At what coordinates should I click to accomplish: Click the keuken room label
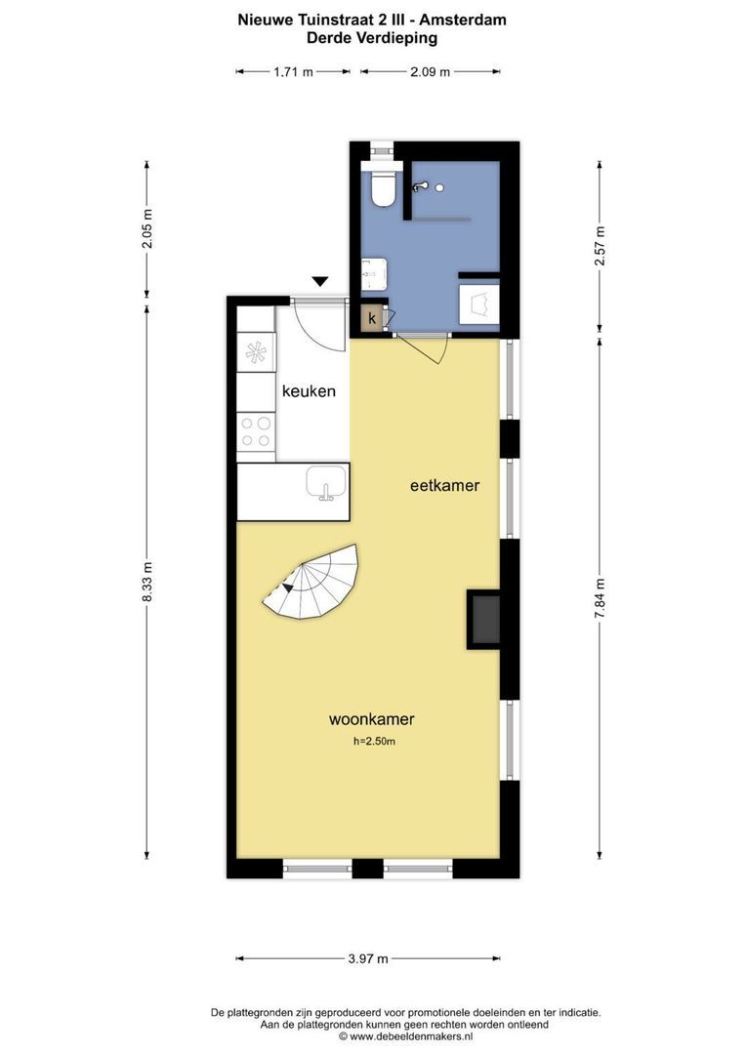pyautogui.click(x=309, y=391)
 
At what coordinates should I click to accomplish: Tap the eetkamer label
pyautogui.click(x=444, y=484)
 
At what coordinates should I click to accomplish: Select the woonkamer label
pyautogui.click(x=371, y=719)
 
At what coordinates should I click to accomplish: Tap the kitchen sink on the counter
pyautogui.click(x=324, y=482)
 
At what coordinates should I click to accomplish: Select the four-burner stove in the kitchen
pyautogui.click(x=256, y=430)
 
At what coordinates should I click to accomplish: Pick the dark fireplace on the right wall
pyautogui.click(x=484, y=619)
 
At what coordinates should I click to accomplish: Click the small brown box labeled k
pyautogui.click(x=372, y=318)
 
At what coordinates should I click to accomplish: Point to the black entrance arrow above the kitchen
pyautogui.click(x=319, y=282)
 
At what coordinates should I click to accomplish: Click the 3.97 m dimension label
pyautogui.click(x=368, y=958)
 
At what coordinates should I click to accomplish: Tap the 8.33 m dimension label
pyautogui.click(x=147, y=582)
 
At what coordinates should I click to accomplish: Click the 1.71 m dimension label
pyautogui.click(x=293, y=71)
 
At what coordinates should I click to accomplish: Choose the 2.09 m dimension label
pyautogui.click(x=431, y=71)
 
